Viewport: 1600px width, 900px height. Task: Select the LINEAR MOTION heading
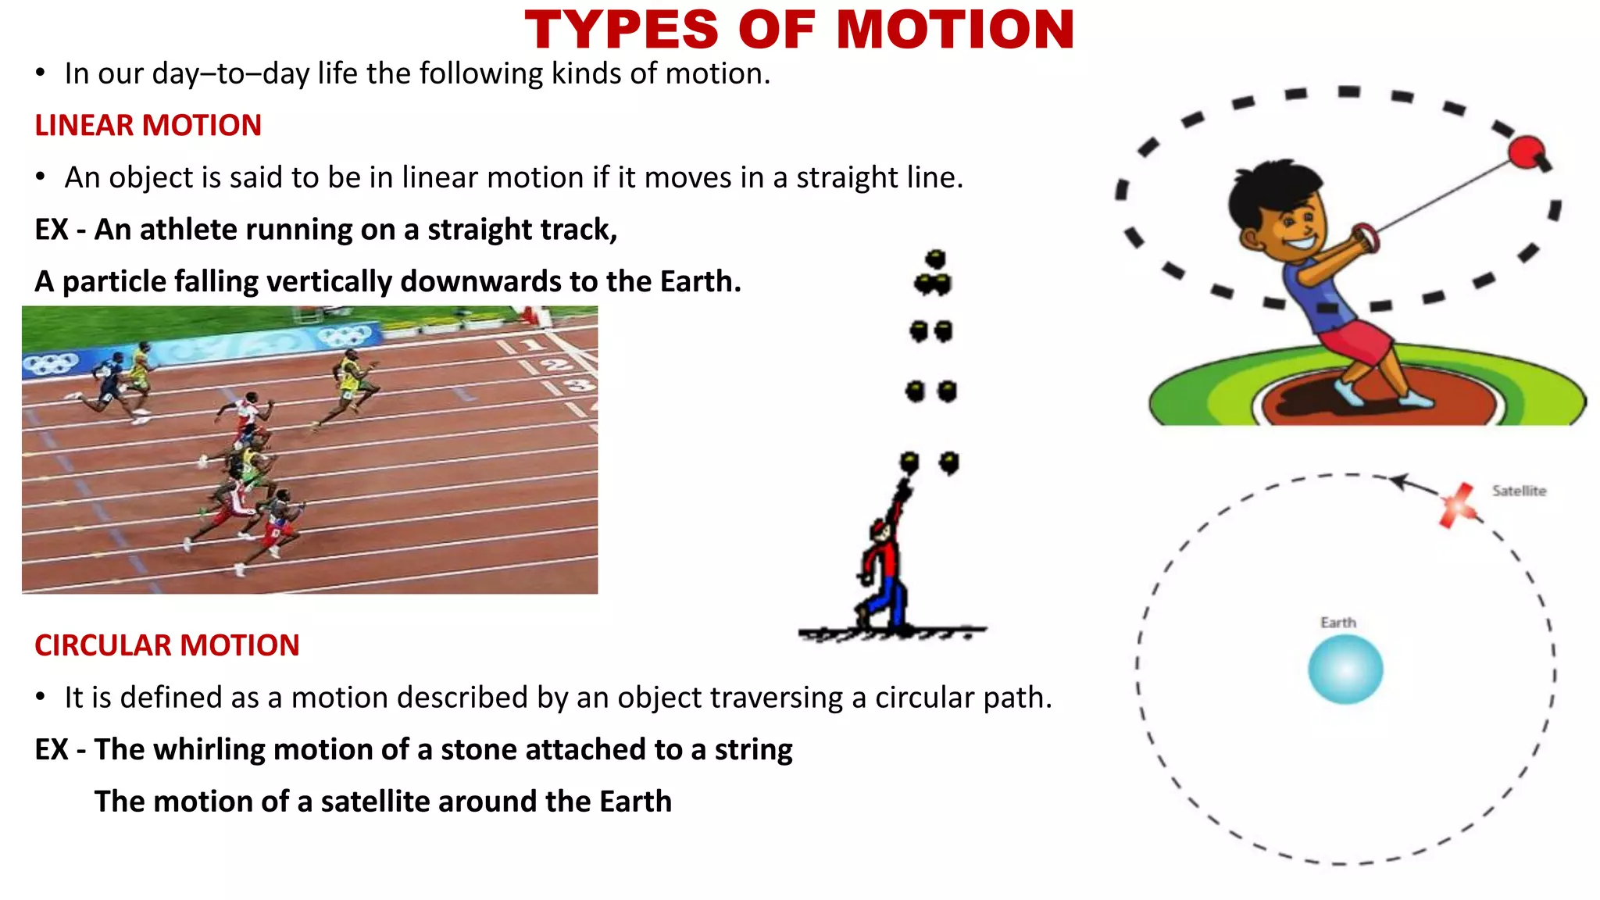tap(148, 126)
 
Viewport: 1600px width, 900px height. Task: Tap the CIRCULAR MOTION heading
tap(166, 645)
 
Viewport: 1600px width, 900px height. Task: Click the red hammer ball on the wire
tap(1524, 152)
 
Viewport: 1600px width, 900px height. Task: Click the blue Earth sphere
tap(1345, 669)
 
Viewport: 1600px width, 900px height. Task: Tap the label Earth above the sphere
tap(1338, 623)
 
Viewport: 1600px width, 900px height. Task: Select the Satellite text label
tap(1519, 491)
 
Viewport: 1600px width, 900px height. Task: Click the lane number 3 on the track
tap(579, 384)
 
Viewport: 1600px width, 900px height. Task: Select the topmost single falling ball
tap(935, 259)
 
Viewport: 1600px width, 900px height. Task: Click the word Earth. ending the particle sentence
tap(700, 281)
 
